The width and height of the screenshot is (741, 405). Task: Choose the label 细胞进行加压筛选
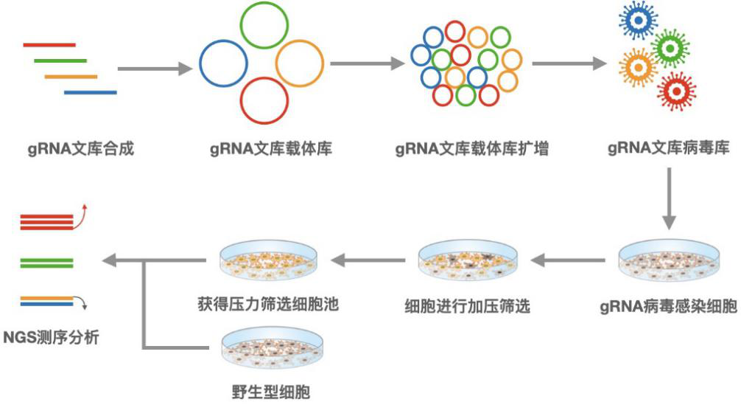468,305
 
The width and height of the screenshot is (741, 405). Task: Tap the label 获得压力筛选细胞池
268,304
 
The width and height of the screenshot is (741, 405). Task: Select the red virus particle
675,91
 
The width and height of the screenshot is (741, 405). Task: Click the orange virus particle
639,67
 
